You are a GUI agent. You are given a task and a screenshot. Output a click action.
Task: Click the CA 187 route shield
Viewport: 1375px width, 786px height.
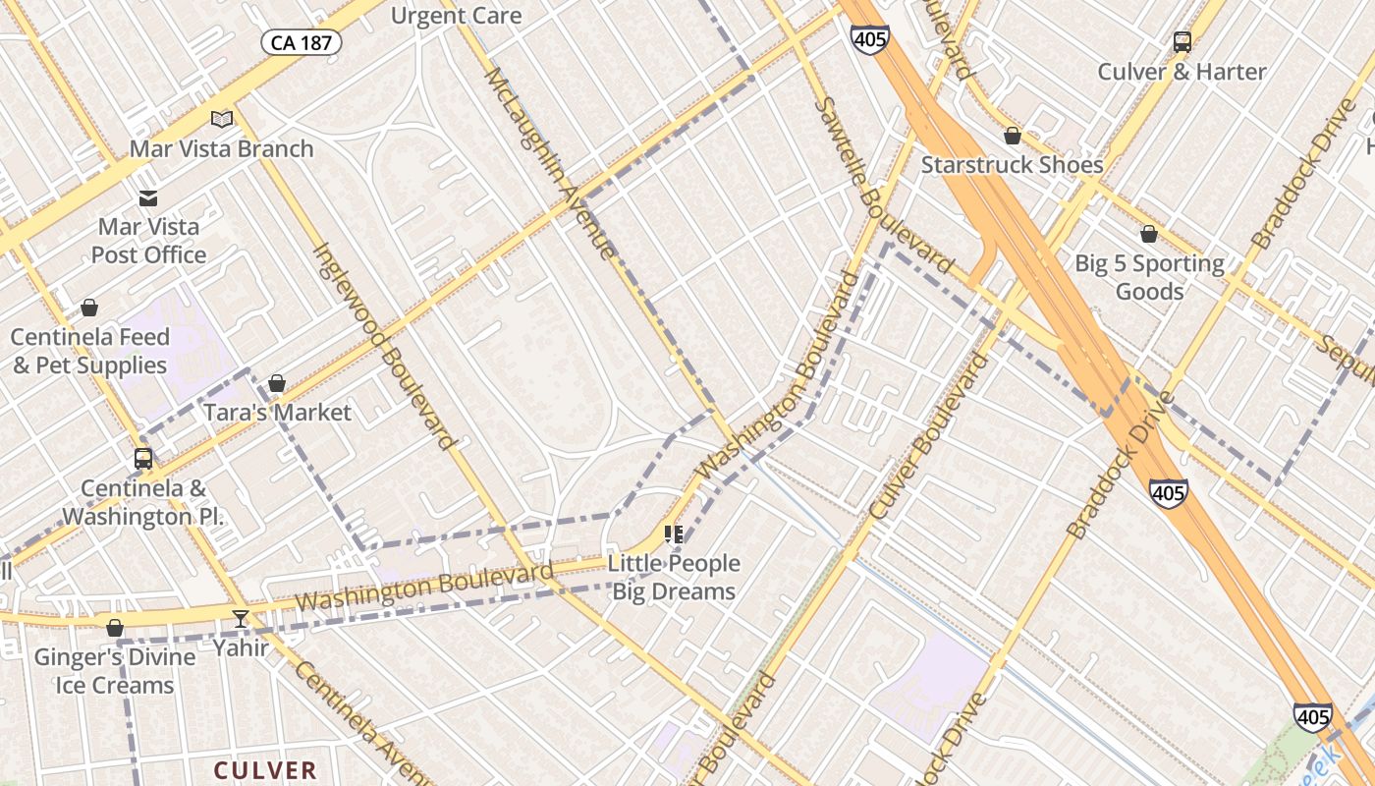pos(301,42)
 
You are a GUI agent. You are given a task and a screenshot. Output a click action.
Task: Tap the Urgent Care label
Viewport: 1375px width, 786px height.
pos(456,16)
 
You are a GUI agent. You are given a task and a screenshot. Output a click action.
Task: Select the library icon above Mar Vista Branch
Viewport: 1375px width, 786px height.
pos(222,119)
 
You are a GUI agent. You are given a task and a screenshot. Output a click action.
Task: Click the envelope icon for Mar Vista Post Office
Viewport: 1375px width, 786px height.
pos(147,198)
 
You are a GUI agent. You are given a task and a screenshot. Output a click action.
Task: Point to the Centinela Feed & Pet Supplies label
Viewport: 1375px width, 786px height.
pos(88,351)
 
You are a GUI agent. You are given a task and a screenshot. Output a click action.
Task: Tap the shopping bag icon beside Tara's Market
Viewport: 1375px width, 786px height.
pos(277,383)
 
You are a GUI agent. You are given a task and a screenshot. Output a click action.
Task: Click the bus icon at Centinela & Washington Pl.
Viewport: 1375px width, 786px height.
pos(143,458)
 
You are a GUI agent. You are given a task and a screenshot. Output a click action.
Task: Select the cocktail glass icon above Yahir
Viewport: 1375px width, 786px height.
pos(241,618)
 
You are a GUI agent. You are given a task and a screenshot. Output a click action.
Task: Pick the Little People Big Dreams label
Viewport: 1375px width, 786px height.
pos(674,577)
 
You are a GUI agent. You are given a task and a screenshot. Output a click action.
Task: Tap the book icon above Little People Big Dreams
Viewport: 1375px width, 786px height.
pos(673,534)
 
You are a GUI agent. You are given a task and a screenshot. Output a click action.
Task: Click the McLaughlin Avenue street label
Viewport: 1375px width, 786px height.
pos(550,162)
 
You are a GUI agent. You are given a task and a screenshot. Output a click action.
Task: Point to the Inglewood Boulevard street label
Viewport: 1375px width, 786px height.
pos(384,346)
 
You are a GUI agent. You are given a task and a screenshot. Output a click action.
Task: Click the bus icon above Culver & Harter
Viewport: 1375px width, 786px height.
pos(1182,42)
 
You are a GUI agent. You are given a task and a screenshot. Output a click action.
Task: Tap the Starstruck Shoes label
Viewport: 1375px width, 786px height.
pos(1012,164)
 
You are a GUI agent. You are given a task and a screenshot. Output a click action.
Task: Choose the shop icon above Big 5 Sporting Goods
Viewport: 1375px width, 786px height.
pos(1148,234)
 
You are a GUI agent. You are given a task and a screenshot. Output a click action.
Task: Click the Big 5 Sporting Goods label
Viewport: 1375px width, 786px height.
pos(1149,277)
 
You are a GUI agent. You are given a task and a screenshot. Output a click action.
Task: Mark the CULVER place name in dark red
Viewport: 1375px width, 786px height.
pos(265,770)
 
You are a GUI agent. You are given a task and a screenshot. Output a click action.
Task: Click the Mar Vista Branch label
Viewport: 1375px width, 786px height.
pos(222,149)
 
